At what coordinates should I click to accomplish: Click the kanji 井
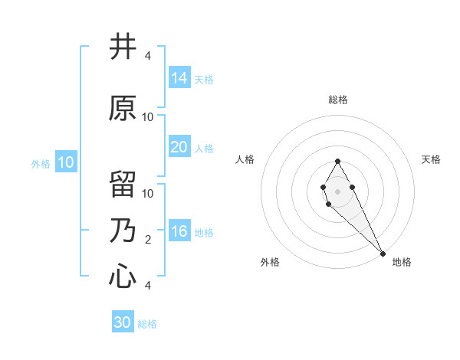click(123, 47)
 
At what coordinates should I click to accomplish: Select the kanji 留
click(123, 185)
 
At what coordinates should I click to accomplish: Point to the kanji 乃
click(123, 231)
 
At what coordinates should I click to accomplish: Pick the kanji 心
click(123, 275)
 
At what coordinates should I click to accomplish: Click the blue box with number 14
click(179, 78)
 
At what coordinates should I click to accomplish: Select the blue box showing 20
click(179, 147)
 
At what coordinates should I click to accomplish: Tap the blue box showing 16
click(179, 231)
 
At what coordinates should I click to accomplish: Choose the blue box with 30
click(123, 322)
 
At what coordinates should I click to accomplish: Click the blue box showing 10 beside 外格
click(66, 162)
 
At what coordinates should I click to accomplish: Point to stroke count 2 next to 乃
click(147, 240)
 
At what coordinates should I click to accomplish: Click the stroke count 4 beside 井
click(147, 56)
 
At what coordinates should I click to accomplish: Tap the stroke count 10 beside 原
click(147, 117)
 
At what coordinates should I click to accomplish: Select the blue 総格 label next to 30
click(147, 324)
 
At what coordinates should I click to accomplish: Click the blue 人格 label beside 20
click(204, 149)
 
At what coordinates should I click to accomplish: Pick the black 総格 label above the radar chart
click(338, 100)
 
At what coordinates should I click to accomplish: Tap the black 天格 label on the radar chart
click(432, 159)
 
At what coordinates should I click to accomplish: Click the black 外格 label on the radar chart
click(270, 262)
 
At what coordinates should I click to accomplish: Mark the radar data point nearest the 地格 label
click(383, 253)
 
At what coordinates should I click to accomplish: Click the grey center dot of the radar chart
click(337, 190)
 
